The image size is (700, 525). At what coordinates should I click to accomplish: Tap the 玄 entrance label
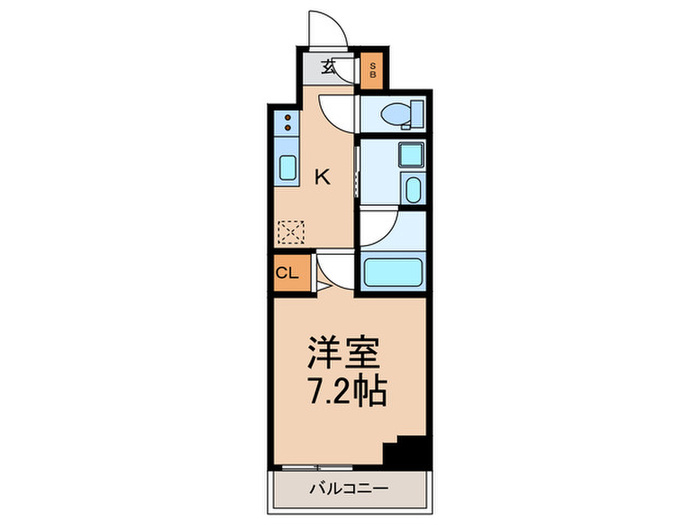point(328,68)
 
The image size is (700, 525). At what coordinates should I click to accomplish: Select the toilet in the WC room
point(399,114)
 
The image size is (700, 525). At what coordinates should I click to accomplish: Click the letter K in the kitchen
point(322,178)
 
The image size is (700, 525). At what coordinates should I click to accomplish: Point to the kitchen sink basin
point(287,168)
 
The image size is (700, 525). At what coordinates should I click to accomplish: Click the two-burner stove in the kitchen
point(287,125)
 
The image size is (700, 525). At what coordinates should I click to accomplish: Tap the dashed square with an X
point(291,232)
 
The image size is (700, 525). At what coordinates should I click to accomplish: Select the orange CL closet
point(286,273)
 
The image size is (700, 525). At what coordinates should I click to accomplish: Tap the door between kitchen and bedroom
point(335,269)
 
